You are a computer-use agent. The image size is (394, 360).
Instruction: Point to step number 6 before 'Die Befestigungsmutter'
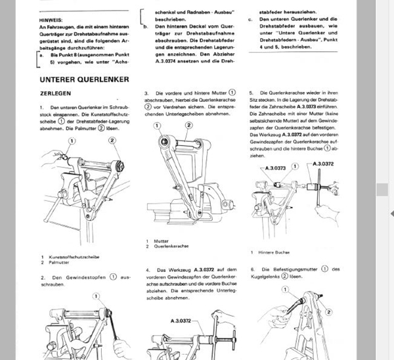[252, 270]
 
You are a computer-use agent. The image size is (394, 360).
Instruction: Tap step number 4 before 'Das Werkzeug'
[146, 270]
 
